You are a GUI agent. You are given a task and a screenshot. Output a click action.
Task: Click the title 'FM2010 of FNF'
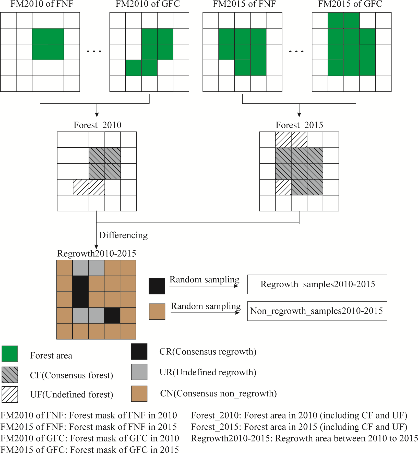coord(42,4)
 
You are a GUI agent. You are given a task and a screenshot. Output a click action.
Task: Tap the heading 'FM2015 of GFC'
coord(350,4)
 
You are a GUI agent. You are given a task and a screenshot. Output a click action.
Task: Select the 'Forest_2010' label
coord(97,125)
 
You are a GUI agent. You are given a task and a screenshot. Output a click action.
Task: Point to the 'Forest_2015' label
coord(299,125)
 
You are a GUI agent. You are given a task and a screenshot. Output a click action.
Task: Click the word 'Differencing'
coord(123,235)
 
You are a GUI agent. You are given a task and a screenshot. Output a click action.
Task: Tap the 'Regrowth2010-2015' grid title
coord(97,254)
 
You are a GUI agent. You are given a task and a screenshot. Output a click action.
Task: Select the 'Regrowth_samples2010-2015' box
coord(317,284)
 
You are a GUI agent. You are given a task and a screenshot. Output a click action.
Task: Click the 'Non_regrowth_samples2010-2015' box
coord(317,311)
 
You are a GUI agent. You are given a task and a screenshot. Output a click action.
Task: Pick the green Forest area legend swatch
coord(10,354)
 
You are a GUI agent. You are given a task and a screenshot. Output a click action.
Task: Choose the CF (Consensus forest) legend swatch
coord(10,375)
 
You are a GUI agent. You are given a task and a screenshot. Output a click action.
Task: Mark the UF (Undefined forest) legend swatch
coord(10,394)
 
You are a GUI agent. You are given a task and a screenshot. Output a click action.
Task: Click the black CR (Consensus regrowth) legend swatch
coord(139,351)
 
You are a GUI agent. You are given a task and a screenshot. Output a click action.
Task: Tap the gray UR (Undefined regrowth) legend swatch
coord(139,372)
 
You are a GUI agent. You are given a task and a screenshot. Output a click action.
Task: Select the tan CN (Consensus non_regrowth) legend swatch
coord(139,394)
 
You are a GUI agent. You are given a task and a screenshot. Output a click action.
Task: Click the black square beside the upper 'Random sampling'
coord(157,286)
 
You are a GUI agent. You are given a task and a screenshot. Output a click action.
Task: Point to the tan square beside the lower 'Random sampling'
coord(157,312)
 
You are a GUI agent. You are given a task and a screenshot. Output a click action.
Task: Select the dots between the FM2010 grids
coord(94,51)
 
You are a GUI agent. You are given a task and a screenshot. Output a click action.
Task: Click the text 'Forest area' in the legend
coord(51,355)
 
